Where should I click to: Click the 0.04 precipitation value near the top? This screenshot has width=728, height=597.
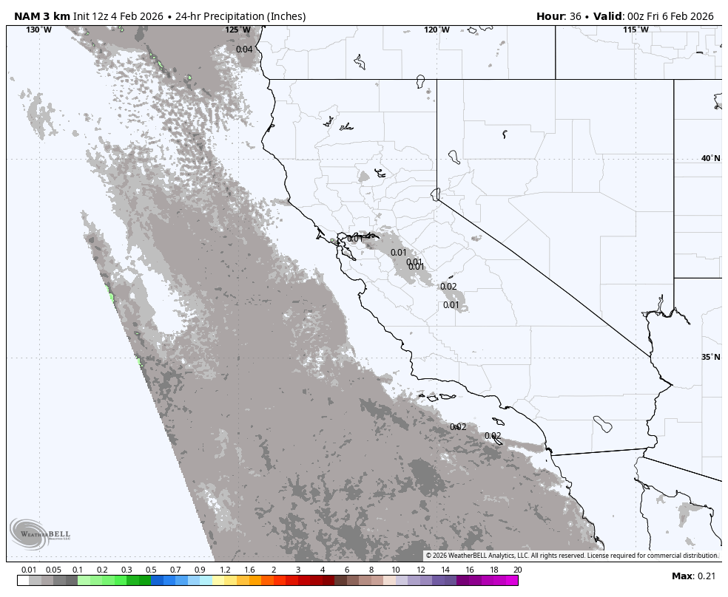point(244,50)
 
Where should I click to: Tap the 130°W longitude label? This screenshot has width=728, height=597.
point(38,30)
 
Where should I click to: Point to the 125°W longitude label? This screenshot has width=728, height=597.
point(237,30)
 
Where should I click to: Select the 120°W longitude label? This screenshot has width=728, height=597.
point(437,30)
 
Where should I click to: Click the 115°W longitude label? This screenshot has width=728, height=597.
point(636,30)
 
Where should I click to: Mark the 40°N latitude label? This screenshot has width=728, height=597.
point(710,158)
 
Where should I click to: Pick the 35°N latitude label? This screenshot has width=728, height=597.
point(710,357)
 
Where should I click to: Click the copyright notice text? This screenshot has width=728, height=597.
point(572,556)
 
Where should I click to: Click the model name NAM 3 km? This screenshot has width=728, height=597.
point(41,16)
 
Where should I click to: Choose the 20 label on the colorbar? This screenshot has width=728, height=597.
point(517,570)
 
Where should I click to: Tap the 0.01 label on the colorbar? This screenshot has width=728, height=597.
point(29,570)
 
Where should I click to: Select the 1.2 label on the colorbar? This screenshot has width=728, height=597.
point(225,570)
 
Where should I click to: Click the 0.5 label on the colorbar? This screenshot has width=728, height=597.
point(151,570)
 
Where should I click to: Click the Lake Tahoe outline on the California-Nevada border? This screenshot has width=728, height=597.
point(435,194)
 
